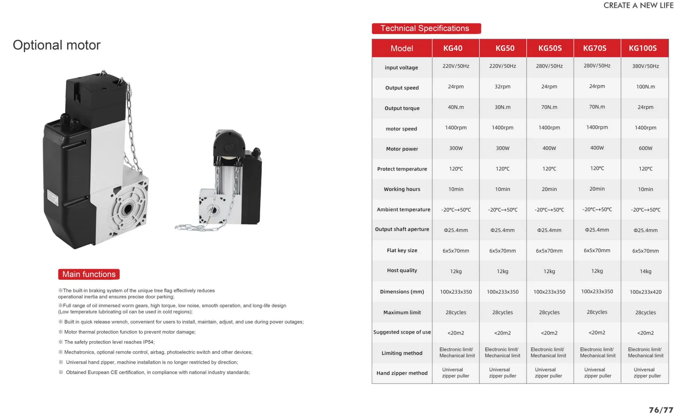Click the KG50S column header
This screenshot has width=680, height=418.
point(550,48)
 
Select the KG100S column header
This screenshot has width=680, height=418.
point(642,48)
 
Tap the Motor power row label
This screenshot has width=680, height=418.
point(402,149)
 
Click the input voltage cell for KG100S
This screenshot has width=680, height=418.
point(645,66)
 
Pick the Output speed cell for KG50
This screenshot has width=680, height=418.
point(502,87)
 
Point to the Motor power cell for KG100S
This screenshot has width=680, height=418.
point(645,148)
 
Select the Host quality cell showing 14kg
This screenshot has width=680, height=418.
point(645,271)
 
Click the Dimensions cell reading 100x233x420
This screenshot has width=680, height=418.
point(645,292)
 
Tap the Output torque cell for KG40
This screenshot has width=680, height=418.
point(455,107)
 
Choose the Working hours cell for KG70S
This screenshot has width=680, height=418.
point(597,189)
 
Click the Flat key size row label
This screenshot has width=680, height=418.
point(402,251)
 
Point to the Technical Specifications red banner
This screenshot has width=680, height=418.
point(426,29)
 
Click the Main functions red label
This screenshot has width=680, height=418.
point(89,274)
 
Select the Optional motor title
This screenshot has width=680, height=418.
point(57,45)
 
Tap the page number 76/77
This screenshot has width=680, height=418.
point(661,410)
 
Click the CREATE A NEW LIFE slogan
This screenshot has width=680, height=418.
point(638,5)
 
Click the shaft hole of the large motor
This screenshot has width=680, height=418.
point(127,210)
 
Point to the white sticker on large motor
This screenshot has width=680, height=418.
point(52,197)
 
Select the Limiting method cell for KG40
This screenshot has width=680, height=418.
point(457,353)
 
